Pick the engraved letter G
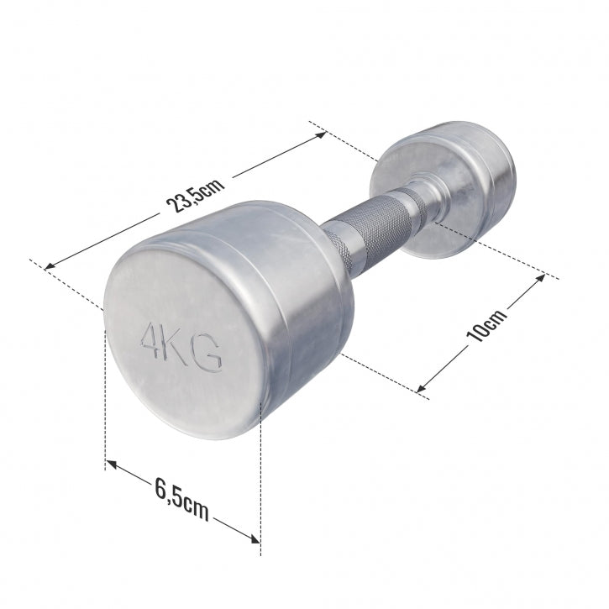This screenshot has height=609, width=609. click(x=207, y=355)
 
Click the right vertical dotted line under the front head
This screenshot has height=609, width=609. click(x=261, y=479)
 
